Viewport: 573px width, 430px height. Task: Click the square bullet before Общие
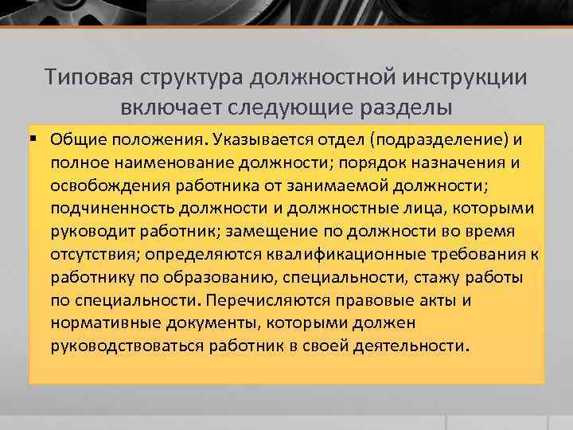pyautogui.click(x=37, y=140)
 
